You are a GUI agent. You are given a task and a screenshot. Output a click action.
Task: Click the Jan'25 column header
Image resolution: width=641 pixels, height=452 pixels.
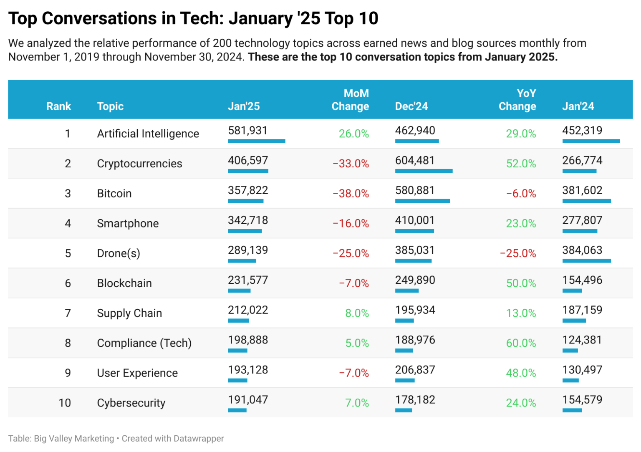(x=244, y=106)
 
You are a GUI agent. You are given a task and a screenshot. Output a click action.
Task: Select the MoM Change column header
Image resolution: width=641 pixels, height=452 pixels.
(x=350, y=100)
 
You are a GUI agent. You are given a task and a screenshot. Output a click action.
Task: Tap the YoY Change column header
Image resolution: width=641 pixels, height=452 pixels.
(x=517, y=100)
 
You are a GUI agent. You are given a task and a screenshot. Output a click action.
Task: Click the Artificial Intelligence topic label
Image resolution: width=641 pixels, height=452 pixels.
(x=148, y=134)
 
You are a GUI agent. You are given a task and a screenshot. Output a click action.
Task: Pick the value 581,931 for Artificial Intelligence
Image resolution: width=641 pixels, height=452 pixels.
(x=247, y=131)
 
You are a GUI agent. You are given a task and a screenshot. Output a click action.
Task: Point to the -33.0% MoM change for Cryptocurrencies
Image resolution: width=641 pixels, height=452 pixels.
(x=351, y=164)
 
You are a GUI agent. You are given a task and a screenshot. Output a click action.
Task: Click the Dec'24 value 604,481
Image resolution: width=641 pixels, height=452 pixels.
(x=415, y=161)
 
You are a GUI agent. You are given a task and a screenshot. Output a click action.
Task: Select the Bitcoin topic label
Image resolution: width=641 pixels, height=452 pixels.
(x=114, y=194)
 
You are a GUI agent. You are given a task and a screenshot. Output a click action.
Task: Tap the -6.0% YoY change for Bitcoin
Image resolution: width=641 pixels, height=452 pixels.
(x=521, y=194)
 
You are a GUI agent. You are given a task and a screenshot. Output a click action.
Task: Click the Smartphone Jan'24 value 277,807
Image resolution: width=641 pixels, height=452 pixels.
(x=582, y=220)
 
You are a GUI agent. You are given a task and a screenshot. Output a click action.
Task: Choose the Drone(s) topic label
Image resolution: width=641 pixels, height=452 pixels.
(x=119, y=253)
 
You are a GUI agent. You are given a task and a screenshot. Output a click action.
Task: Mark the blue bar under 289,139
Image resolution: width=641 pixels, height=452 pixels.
(x=242, y=261)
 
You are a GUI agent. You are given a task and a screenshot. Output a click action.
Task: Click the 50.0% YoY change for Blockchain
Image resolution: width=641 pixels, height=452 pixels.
(x=521, y=283)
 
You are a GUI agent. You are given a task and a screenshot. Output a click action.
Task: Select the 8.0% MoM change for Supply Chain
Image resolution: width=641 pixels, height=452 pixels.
(x=357, y=313)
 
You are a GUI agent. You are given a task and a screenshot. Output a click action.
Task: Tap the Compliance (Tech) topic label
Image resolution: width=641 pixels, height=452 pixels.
(x=144, y=343)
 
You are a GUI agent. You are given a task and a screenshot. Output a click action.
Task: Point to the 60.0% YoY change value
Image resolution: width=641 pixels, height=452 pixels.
(x=521, y=343)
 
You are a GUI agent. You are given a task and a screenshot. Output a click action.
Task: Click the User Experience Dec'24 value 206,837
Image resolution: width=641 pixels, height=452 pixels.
(x=415, y=370)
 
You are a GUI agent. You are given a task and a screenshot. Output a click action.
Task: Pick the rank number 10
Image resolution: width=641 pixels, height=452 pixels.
(x=65, y=403)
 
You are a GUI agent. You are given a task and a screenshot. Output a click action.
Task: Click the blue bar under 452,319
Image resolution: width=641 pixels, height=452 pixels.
(x=591, y=141)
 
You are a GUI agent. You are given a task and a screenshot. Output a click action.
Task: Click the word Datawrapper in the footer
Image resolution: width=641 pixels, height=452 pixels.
(x=199, y=439)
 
